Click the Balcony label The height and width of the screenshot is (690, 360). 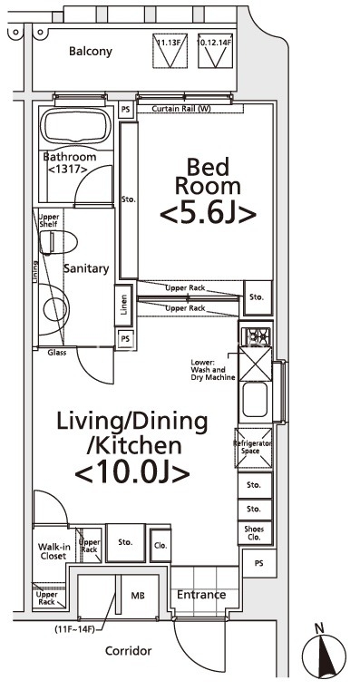[91, 52]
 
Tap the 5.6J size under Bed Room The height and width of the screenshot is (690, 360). [207, 213]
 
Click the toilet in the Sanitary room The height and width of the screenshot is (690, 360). [56, 240]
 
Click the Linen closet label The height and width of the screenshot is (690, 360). [122, 306]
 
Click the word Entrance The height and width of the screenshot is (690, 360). [201, 595]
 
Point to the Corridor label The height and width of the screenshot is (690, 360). [128, 651]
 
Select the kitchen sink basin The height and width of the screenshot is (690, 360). [254, 397]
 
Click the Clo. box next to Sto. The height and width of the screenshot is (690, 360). [160, 546]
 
